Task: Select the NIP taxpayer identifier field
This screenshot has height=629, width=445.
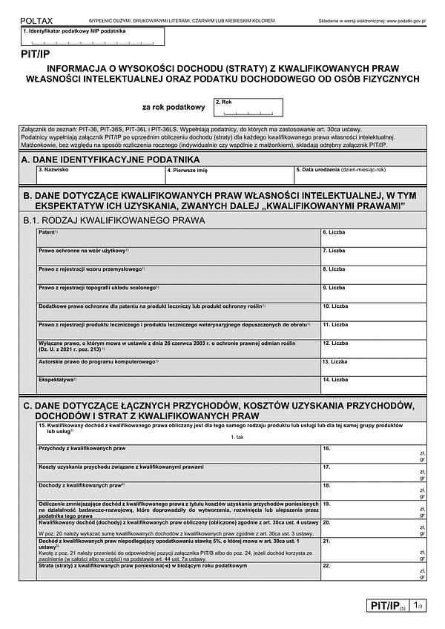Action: point(89,38)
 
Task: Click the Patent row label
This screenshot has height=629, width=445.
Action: point(49,232)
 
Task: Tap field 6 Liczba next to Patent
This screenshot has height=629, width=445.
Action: point(373,237)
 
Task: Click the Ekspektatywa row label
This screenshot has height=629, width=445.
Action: point(57,379)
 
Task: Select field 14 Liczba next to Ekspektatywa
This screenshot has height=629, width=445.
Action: point(373,383)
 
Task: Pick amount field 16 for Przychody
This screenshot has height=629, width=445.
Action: point(373,453)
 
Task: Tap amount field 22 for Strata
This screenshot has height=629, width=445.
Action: point(373,571)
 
